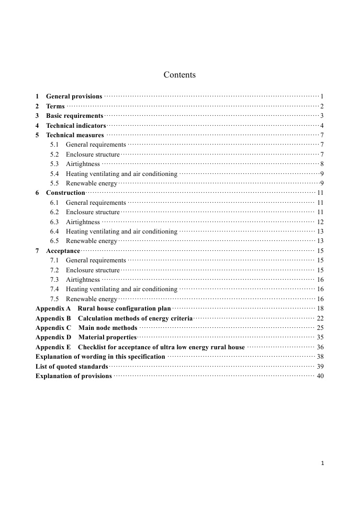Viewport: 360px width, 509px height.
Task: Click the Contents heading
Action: (179, 75)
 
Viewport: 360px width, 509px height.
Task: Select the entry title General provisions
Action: (74, 96)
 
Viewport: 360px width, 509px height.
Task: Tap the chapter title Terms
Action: (55, 106)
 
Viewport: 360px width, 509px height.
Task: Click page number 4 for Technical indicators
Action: (322, 126)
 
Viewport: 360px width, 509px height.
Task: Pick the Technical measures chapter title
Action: (75, 135)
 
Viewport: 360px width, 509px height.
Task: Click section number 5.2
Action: (54, 154)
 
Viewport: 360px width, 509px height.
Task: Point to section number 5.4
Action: (54, 174)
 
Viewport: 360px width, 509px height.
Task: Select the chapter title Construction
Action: (65, 193)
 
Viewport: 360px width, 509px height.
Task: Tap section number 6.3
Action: (54, 222)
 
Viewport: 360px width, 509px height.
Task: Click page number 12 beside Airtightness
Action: (320, 222)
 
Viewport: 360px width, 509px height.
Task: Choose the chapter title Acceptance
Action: (63, 251)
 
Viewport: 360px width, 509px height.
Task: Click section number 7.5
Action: (54, 299)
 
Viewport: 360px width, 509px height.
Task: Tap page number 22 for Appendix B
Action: (320, 318)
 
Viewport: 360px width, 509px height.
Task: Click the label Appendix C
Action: (53, 328)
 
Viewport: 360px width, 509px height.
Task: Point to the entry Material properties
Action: (107, 337)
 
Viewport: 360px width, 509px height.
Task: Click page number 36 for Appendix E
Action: (320, 347)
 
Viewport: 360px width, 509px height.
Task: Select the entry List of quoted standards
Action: (72, 367)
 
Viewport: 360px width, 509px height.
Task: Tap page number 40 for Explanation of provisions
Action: (320, 376)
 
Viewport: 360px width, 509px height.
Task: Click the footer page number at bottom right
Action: (323, 463)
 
